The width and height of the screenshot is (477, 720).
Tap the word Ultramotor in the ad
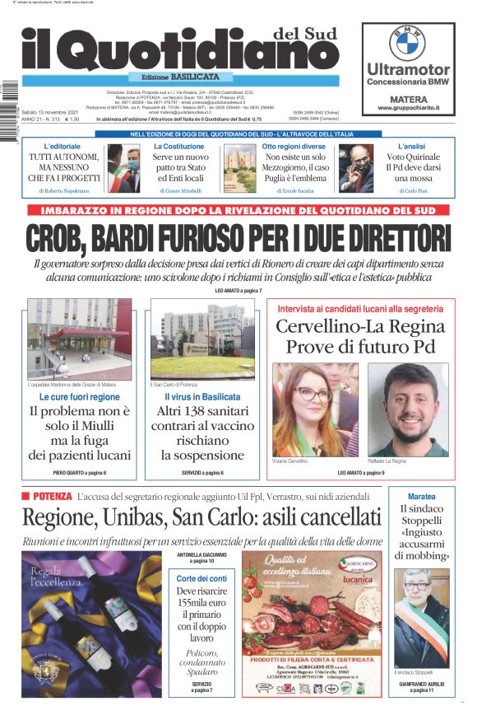click(x=408, y=69)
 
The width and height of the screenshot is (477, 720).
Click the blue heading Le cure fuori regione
click(x=79, y=397)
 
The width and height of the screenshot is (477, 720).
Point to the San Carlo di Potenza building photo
click(x=201, y=339)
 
